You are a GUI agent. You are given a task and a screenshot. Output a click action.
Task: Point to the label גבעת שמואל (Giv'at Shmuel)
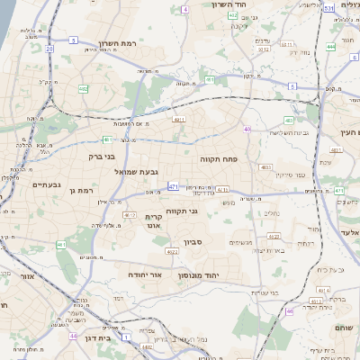click(x=137, y=171)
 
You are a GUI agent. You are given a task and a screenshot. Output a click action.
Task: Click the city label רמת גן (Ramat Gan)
click(x=81, y=191)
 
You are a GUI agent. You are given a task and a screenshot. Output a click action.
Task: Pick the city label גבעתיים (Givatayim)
click(x=45, y=184)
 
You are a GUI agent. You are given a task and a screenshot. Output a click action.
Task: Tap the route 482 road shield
click(x=84, y=89)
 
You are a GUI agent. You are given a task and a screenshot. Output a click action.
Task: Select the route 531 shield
click(x=328, y=8)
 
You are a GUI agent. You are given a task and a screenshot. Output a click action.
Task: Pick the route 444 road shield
click(x=331, y=46)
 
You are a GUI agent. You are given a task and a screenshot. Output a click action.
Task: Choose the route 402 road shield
click(x=233, y=14)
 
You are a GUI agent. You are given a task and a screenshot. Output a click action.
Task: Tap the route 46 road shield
click(x=290, y=311)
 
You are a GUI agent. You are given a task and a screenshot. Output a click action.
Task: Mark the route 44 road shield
click(x=72, y=334)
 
